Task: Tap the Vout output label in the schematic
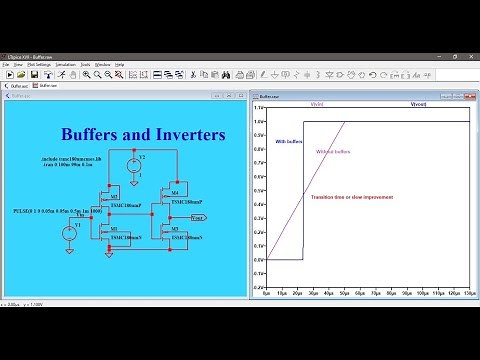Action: coord(198,217)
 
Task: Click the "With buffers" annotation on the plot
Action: coord(288,142)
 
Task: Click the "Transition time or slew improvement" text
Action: coord(352,197)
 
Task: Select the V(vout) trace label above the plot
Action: coord(418,104)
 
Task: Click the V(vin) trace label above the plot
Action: coord(316,104)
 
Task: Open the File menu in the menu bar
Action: coord(7,64)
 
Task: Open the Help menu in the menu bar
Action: coord(119,64)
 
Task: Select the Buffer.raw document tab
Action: coord(48,86)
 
